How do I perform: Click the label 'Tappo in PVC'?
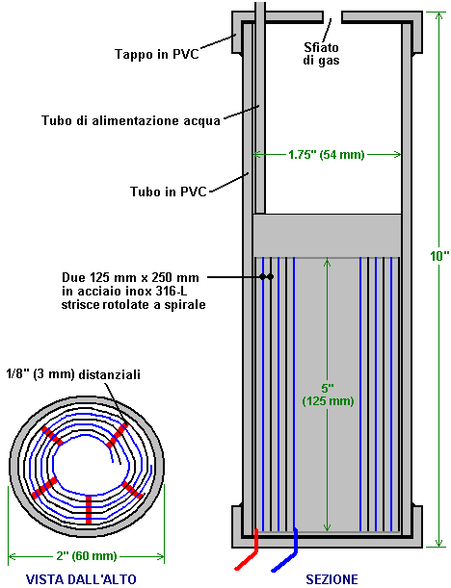[156, 54]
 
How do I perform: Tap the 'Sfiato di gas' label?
[321, 54]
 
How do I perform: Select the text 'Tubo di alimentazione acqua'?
[131, 120]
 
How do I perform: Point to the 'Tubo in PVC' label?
[169, 192]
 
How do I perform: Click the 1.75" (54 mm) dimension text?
[327, 155]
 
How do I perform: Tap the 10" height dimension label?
[439, 256]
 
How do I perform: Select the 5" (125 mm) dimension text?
[328, 395]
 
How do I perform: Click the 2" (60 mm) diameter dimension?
[87, 555]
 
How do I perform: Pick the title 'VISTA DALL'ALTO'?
[81, 579]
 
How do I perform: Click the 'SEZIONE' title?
[332, 579]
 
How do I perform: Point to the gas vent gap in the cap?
[332, 16]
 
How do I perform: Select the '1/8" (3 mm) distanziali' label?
[73, 374]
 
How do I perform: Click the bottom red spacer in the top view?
[89, 509]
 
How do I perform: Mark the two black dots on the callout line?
[266, 277]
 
